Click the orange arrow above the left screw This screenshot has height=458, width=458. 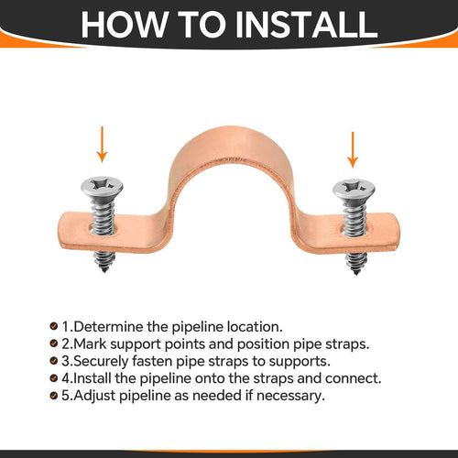point(103,145)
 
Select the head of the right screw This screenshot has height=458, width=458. point(352,191)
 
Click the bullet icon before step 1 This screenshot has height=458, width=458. point(55,326)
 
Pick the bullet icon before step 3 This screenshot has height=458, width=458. point(55,360)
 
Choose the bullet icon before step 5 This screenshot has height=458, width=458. point(55,395)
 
